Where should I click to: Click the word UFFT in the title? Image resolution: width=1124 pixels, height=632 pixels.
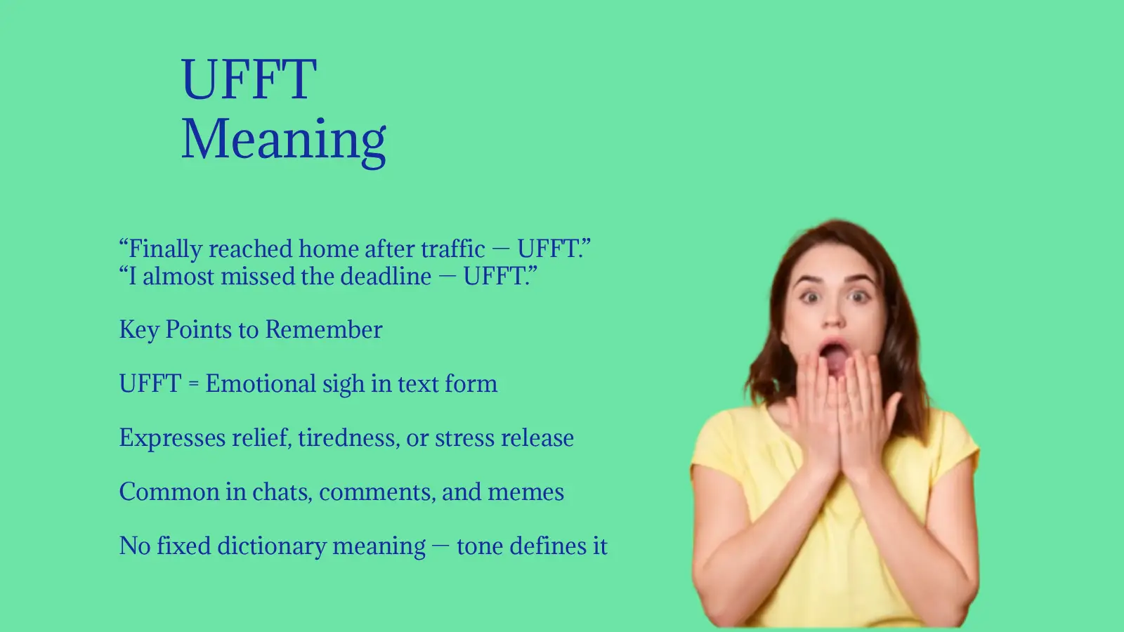(249, 79)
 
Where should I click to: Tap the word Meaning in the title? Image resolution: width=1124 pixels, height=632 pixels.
(284, 139)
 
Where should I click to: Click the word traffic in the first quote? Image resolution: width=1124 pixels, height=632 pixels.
(452, 249)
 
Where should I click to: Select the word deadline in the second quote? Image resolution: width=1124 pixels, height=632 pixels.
(386, 277)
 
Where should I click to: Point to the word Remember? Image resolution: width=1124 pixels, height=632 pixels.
(324, 329)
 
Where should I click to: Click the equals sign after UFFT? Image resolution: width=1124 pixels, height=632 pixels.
(193, 385)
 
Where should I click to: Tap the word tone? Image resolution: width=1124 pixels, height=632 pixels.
(480, 546)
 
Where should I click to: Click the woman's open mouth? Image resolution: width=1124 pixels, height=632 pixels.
(834, 357)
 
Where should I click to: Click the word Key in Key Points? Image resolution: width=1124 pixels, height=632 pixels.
(139, 330)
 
